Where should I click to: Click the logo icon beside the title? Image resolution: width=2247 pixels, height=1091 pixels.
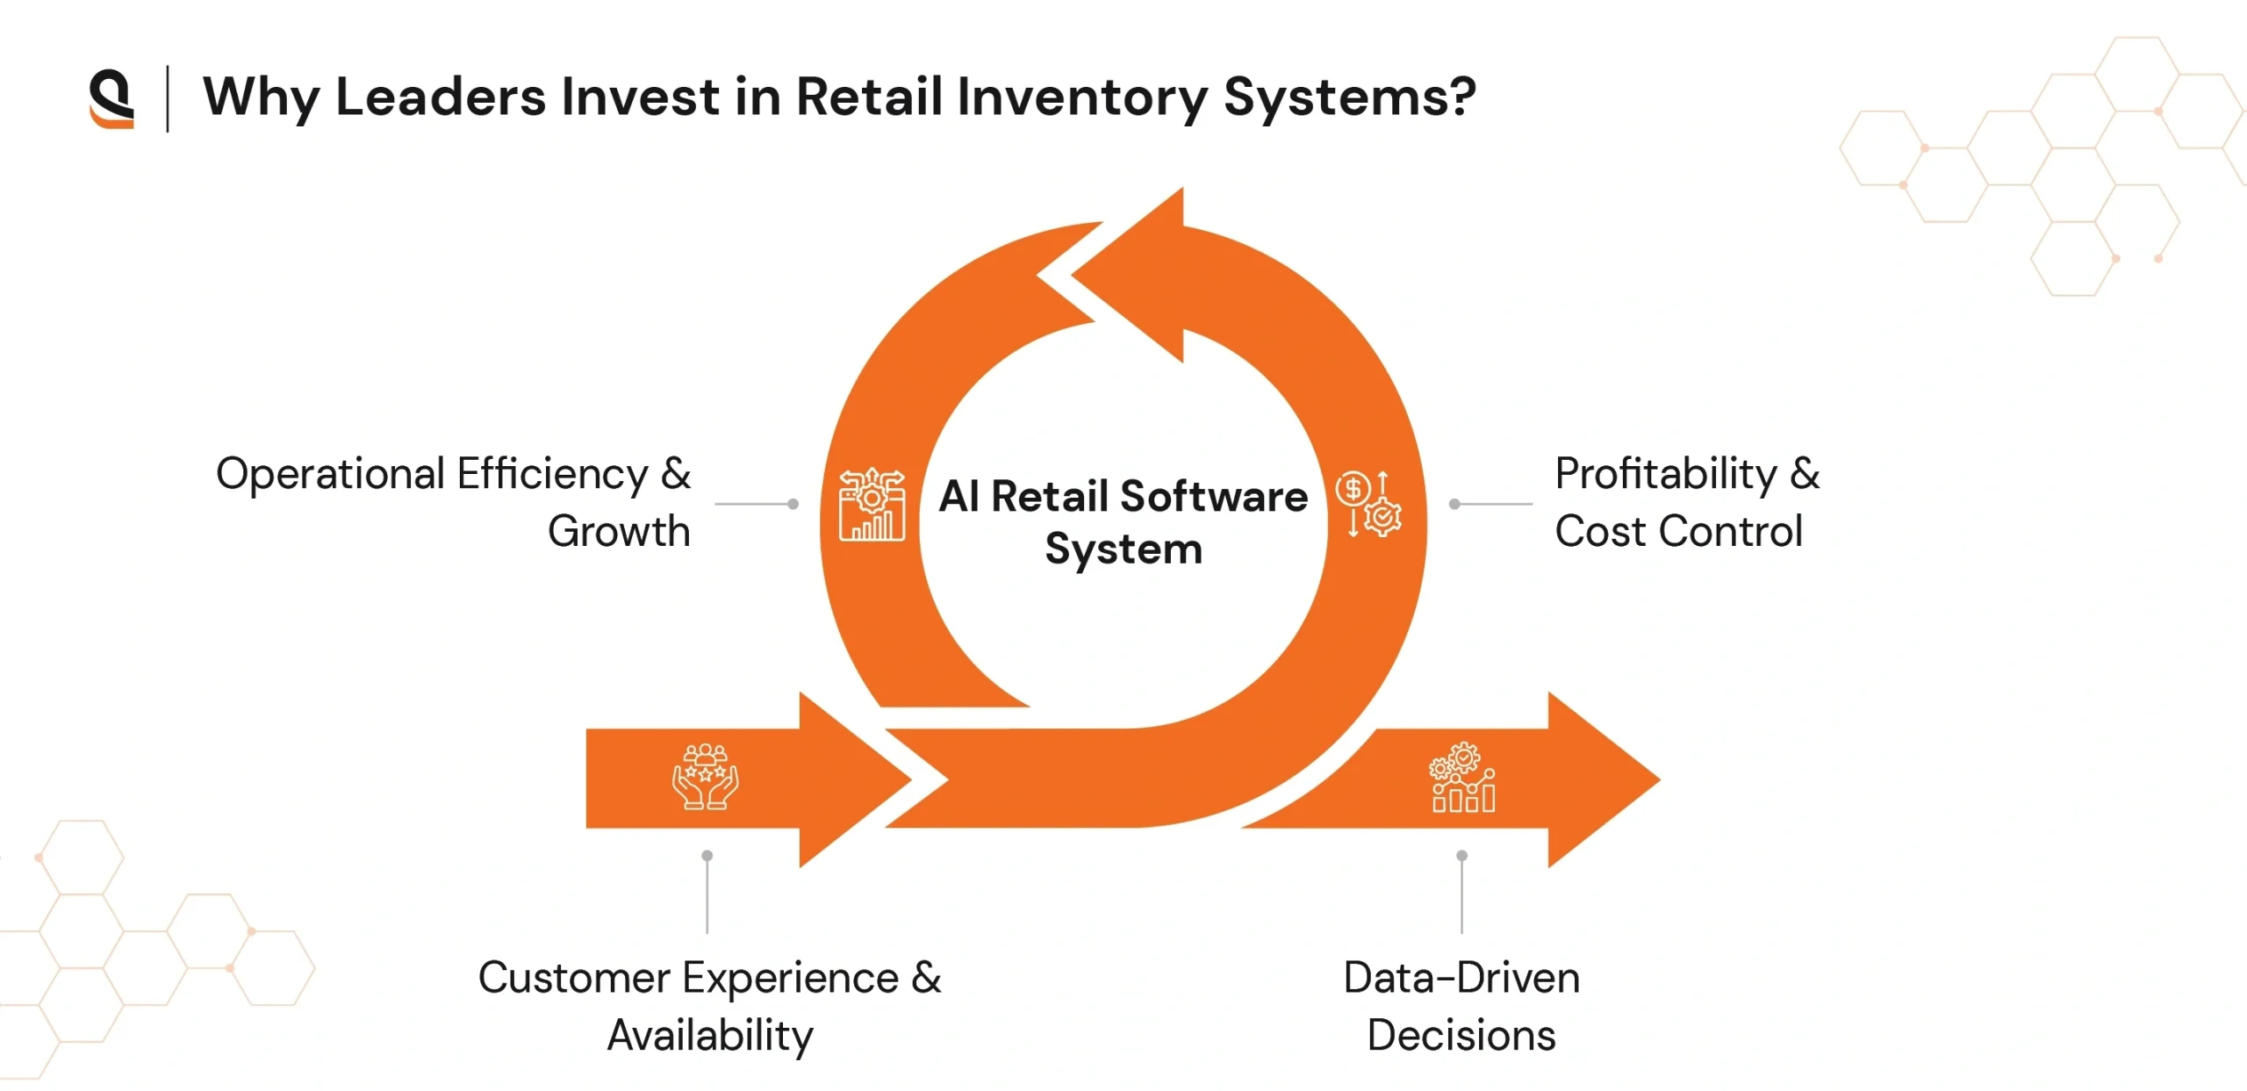pyautogui.click(x=111, y=98)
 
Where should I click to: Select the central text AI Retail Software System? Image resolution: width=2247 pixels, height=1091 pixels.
pyautogui.click(x=1123, y=522)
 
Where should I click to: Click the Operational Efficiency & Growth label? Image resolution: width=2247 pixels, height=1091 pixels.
pyautogui.click(x=453, y=502)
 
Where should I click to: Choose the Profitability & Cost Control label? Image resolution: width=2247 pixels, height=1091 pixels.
pyautogui.click(x=1686, y=502)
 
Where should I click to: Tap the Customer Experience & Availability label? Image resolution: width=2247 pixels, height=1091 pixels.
pyautogui.click(x=709, y=1006)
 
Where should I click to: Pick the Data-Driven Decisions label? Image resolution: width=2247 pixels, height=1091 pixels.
pyautogui.click(x=1461, y=1006)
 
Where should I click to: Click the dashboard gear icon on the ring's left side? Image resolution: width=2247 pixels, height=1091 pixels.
pyautogui.click(x=872, y=505)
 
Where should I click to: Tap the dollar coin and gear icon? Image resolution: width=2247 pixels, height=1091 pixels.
pyautogui.click(x=1368, y=504)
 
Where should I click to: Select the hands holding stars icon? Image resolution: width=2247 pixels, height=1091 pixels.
pyautogui.click(x=706, y=777)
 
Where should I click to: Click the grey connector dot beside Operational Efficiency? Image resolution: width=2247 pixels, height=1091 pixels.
pyautogui.click(x=793, y=504)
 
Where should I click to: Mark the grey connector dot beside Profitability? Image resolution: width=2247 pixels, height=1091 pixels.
pyautogui.click(x=1454, y=504)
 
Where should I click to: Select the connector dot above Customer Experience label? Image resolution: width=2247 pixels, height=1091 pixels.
pyautogui.click(x=707, y=855)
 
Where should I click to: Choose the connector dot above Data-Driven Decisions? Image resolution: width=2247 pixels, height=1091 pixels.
pyautogui.click(x=1461, y=855)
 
